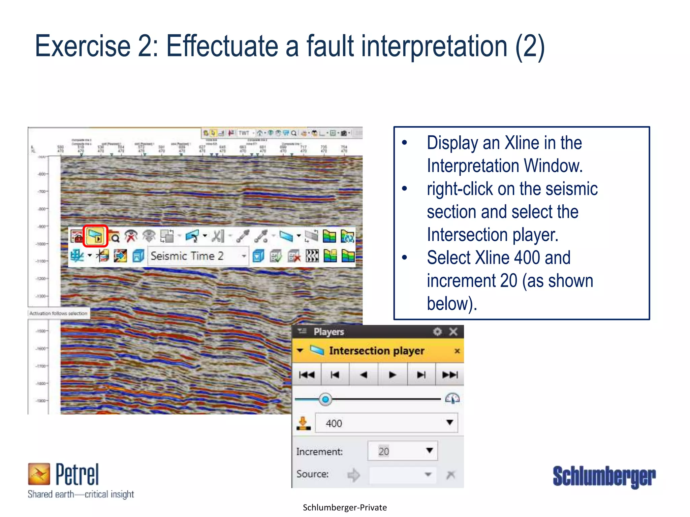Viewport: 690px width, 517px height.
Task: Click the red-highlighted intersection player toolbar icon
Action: pos(95,236)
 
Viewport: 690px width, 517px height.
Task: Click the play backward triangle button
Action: pos(364,375)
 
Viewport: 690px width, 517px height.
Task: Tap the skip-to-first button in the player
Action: pos(307,375)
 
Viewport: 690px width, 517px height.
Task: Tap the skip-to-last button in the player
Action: pos(450,375)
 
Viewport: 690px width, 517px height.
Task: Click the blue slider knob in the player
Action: pos(325,400)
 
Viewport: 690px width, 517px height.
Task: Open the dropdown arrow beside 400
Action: pos(449,423)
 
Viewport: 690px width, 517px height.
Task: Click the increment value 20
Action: pos(384,451)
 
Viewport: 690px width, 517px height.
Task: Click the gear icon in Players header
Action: pos(437,332)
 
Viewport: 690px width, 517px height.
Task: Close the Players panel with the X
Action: pos(453,332)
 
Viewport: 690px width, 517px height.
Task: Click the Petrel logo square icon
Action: pos(39,474)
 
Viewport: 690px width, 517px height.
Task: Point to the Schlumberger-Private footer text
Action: pos(345,508)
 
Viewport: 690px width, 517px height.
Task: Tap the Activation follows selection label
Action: pos(58,313)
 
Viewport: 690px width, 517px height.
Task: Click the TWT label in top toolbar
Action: pos(244,133)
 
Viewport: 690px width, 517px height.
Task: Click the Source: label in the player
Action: pos(312,474)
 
